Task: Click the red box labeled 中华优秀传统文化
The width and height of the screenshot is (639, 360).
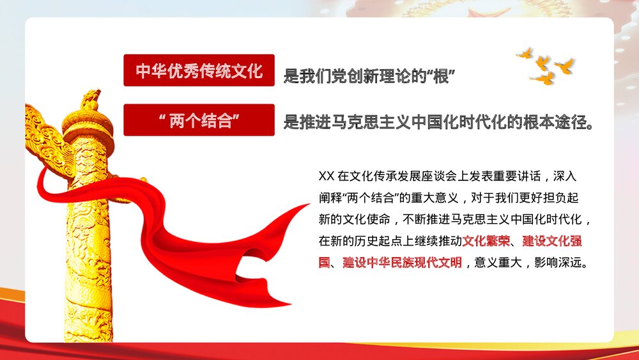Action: coord(199,70)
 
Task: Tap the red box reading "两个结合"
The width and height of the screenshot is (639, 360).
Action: coord(199,120)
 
